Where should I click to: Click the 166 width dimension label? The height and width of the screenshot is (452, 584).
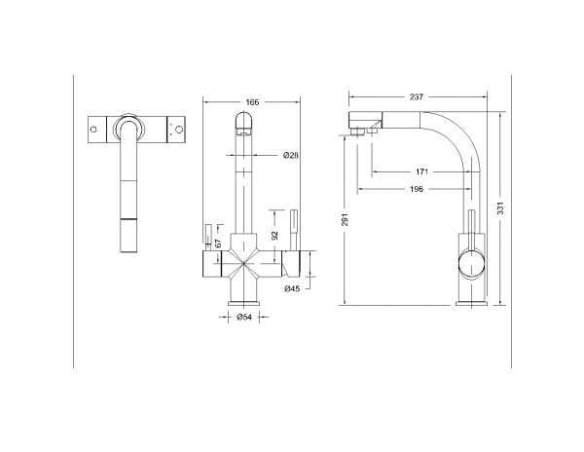pos(251,101)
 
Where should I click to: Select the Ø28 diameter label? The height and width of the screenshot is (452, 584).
pos(290,156)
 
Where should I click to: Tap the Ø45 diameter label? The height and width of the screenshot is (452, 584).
pos(290,288)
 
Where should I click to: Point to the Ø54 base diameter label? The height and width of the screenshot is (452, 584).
pos(245,317)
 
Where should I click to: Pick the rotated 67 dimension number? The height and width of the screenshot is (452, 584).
pos(218,243)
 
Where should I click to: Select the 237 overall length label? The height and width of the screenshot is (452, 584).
pos(417,96)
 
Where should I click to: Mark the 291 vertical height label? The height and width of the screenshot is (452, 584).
pos(344,220)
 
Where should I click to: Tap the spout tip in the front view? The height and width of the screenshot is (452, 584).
pos(244,121)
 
